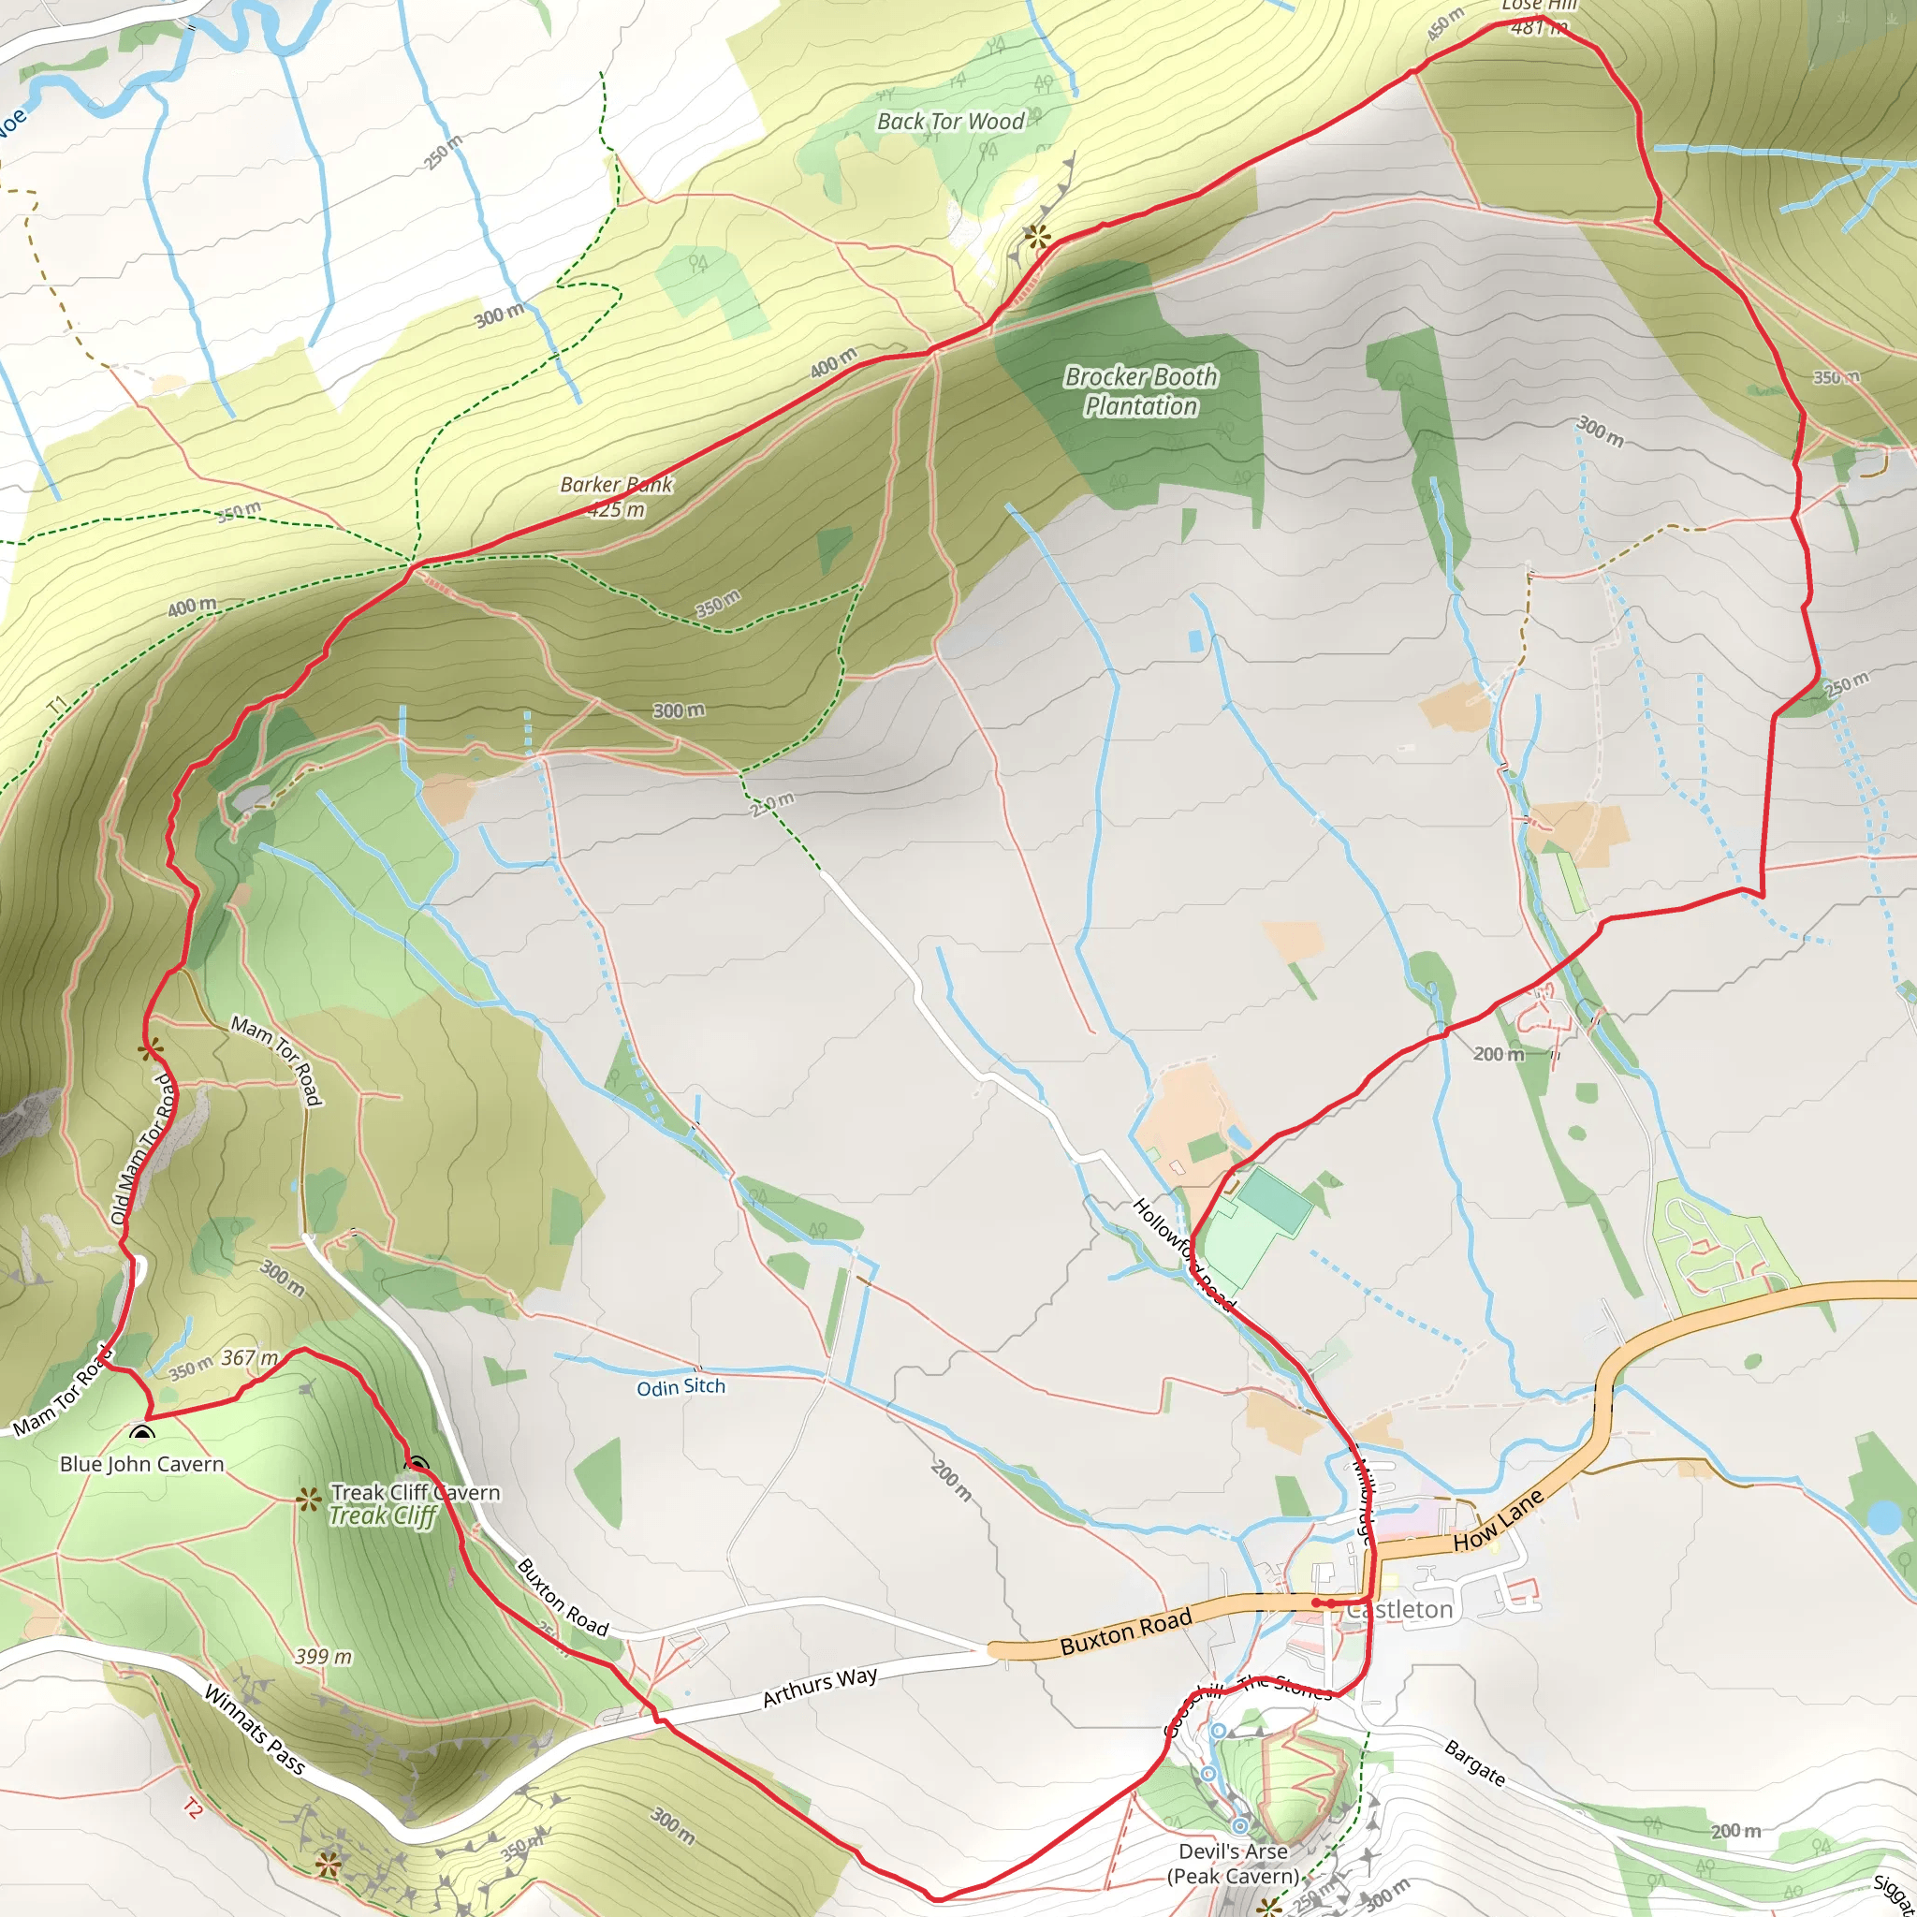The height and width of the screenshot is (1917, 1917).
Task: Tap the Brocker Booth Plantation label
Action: click(1140, 391)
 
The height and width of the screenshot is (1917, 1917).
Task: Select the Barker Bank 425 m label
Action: click(615, 497)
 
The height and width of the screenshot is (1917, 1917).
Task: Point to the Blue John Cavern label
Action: click(142, 1465)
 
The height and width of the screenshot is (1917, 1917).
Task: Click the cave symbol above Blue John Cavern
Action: click(143, 1435)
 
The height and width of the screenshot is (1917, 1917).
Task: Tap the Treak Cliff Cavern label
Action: click(415, 1492)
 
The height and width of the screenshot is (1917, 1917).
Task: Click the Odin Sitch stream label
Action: click(680, 1387)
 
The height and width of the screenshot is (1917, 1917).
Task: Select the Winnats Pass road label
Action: click(254, 1729)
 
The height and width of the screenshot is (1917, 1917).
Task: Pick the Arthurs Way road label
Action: click(820, 1687)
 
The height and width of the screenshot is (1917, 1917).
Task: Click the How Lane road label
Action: click(1499, 1521)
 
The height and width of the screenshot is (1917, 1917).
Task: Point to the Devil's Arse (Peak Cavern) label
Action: click(1233, 1864)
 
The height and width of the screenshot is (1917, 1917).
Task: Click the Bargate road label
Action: click(1474, 1763)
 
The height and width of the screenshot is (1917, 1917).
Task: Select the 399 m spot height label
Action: click(324, 1657)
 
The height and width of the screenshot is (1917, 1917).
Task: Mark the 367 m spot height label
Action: click(249, 1357)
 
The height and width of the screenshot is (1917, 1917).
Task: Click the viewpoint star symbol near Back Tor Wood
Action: click(1037, 236)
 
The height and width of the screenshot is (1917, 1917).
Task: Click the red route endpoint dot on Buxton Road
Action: click(1317, 1602)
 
